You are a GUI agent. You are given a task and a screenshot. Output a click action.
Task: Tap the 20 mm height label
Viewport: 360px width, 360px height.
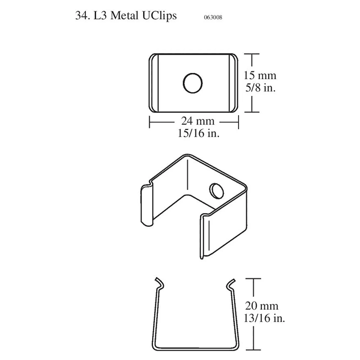coord(261,306)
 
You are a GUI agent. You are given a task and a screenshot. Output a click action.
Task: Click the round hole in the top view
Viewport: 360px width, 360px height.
coord(193,83)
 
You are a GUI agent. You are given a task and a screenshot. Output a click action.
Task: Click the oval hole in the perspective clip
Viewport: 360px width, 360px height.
coord(216,190)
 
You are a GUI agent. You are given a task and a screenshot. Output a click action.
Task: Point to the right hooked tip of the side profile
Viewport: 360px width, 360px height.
coord(230,282)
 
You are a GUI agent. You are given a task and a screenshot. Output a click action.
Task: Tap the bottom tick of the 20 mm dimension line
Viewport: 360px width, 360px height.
coord(255,350)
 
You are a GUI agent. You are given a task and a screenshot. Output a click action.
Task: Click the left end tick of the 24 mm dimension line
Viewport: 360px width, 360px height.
coord(149,121)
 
